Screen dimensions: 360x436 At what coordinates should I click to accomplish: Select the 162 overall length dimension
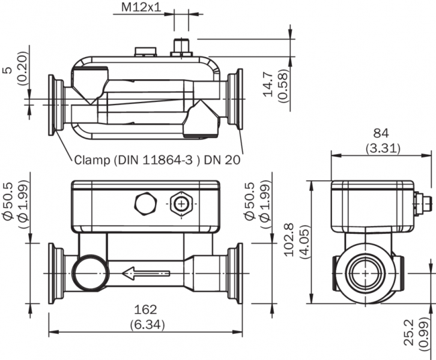click(145, 310)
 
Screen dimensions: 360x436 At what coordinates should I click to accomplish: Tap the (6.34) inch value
click(145, 324)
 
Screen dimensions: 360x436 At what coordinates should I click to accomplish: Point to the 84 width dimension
click(381, 133)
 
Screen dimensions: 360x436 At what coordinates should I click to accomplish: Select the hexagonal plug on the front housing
click(146, 204)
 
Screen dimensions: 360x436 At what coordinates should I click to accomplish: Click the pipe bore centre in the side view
click(365, 273)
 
